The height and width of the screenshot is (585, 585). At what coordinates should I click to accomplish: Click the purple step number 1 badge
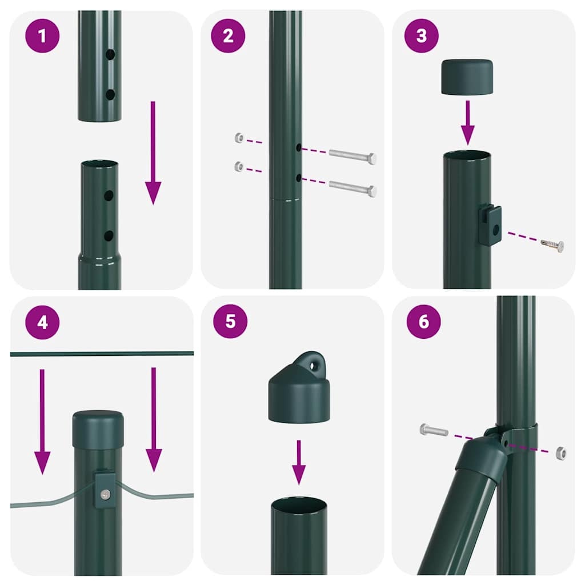(x=42, y=35)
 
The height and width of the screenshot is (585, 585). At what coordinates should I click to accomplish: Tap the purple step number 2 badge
(x=228, y=35)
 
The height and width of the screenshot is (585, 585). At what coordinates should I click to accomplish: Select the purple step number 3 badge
(x=422, y=35)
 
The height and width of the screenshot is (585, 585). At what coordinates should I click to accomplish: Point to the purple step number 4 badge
(x=42, y=322)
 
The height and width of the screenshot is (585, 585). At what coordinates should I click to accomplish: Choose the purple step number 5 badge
(x=230, y=321)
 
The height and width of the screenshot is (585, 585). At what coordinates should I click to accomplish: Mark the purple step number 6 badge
(x=423, y=321)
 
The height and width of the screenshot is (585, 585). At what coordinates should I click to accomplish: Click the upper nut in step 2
(x=239, y=138)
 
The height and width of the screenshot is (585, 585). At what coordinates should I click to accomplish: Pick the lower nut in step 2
(x=239, y=167)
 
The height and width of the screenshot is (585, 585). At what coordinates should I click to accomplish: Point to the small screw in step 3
(x=552, y=245)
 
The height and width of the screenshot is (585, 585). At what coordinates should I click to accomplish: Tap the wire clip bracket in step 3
(x=490, y=225)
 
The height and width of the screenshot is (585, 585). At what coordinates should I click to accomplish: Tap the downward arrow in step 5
(x=298, y=463)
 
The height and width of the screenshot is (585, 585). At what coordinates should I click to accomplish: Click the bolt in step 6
(x=434, y=430)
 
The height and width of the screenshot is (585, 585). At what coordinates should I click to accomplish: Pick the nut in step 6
(x=560, y=453)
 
